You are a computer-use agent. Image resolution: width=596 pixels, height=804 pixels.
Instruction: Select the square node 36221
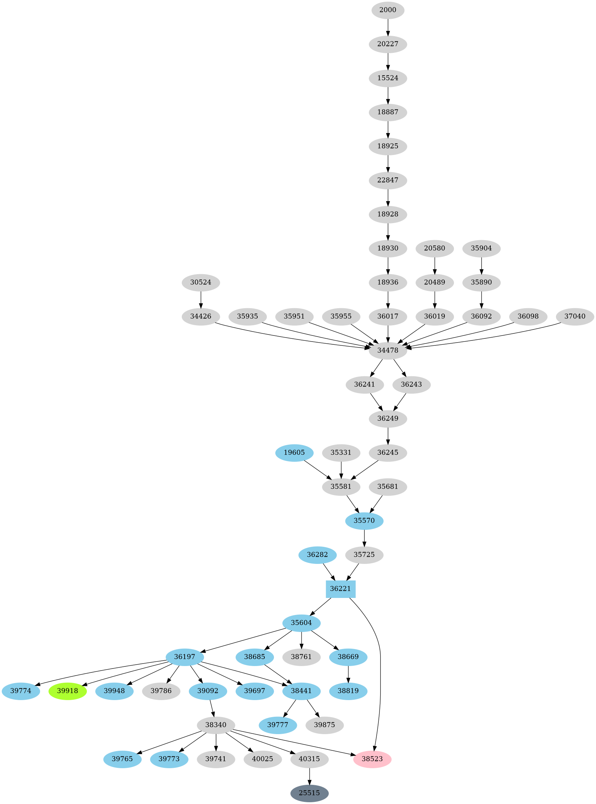tap(341, 589)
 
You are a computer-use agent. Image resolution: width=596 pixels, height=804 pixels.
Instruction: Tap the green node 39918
tap(67, 691)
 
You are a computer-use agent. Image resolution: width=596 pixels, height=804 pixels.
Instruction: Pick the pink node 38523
tap(372, 759)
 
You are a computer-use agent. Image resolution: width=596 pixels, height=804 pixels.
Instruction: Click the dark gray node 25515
tap(310, 793)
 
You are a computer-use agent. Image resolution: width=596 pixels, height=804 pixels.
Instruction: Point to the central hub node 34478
tap(388, 350)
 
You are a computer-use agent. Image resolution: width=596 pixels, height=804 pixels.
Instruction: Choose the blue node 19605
tap(294, 453)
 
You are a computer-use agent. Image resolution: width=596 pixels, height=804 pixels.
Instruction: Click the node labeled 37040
tap(575, 316)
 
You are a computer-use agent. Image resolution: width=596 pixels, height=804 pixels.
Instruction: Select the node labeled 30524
tap(201, 282)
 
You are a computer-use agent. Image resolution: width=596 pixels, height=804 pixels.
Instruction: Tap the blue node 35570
tap(364, 521)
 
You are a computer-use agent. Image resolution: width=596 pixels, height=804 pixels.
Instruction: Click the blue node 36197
tap(185, 657)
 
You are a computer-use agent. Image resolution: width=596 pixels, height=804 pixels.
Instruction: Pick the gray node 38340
tap(216, 725)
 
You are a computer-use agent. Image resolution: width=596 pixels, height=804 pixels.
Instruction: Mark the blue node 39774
tap(21, 691)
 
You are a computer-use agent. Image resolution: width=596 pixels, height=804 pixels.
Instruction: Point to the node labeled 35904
tap(481, 248)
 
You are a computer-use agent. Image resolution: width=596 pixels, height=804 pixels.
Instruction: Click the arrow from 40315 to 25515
tap(310, 776)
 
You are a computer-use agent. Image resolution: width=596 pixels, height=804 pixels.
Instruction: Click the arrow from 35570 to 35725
tap(364, 538)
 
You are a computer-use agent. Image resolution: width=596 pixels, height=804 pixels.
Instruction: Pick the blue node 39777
tap(278, 725)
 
